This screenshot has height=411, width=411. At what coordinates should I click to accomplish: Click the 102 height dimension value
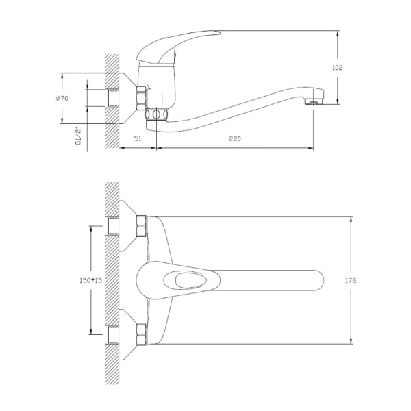336,68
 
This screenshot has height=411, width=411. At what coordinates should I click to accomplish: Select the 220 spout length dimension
235,139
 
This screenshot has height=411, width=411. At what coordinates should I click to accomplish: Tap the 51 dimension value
138,139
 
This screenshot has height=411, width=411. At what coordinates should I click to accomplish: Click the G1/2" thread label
79,136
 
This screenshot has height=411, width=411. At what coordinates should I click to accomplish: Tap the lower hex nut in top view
142,336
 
